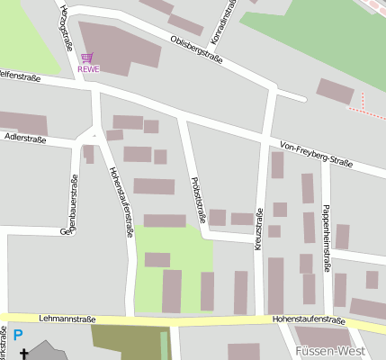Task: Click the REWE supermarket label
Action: [88, 68]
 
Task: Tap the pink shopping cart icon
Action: [87, 58]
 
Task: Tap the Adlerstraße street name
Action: [25, 139]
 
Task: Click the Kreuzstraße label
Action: [258, 229]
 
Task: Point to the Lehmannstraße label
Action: [67, 319]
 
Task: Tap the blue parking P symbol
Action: [18, 336]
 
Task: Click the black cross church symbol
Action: [24, 354]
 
